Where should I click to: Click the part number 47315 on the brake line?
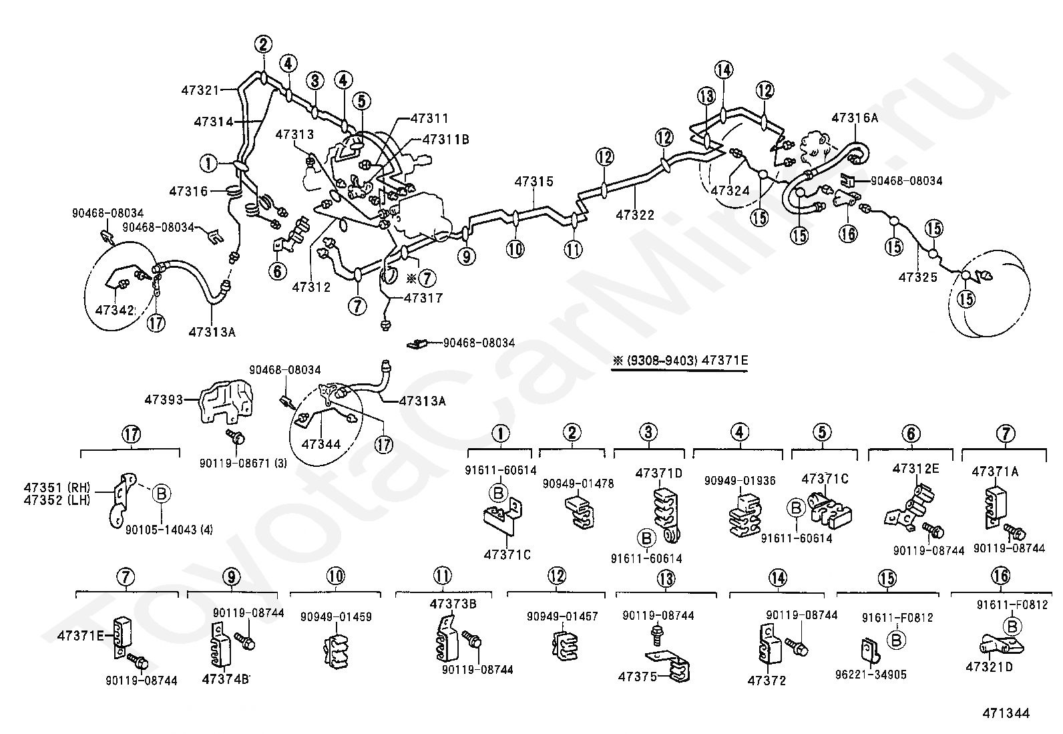point(534,182)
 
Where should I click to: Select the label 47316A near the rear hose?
point(855,118)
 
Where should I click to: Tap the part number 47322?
point(635,215)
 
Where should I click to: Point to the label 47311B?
point(446,140)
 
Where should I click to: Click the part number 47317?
point(423,299)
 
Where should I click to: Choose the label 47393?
point(164,400)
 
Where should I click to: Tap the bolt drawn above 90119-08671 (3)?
point(235,437)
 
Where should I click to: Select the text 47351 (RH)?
point(55,486)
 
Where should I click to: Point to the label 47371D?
point(658,474)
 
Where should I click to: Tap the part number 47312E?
point(915,469)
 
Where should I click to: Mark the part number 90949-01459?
point(336,617)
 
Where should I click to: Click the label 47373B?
point(453,604)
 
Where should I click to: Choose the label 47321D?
point(989,667)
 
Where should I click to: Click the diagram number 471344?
point(1006,713)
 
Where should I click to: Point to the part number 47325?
point(917,277)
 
